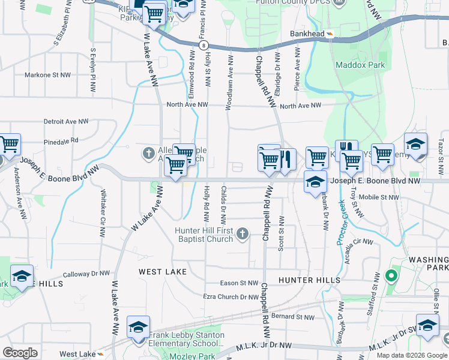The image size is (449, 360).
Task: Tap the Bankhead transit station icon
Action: tap(330, 34)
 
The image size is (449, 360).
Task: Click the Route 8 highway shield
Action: tap(205, 45)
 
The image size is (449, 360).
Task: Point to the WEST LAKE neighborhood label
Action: tap(163, 272)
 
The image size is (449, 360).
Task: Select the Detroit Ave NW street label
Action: tap(66, 121)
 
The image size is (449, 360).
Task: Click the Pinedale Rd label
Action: tap(61, 140)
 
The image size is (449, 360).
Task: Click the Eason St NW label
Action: tap(239, 283)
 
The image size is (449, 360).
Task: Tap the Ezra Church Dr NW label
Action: tap(231, 296)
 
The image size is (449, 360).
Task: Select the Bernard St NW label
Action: tap(292, 317)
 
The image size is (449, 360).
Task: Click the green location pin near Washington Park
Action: tap(391, 277)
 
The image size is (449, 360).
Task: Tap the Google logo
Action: tap(20, 352)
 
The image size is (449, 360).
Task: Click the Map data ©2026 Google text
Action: tap(411, 355)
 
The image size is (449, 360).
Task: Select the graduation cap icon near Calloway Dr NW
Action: tap(22, 276)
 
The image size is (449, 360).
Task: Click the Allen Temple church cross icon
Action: tap(149, 154)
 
